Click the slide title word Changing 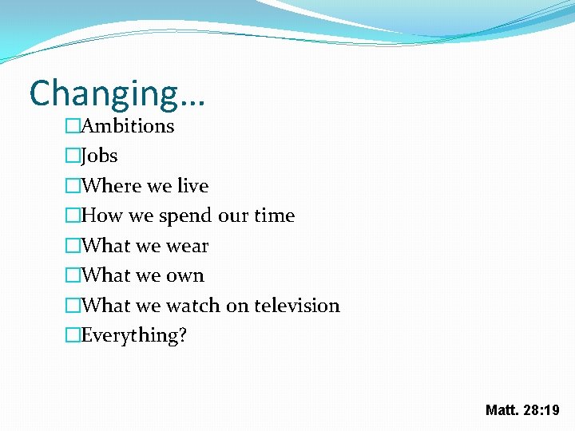(104, 94)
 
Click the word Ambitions (128, 126)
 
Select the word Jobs (100, 156)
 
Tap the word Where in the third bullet (110, 186)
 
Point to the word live (192, 186)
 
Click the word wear (186, 246)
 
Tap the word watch (191, 306)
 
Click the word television (297, 306)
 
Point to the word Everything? (134, 336)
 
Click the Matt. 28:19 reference (522, 410)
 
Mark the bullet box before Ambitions (73, 126)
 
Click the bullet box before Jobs (73, 156)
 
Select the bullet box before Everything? (73, 336)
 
